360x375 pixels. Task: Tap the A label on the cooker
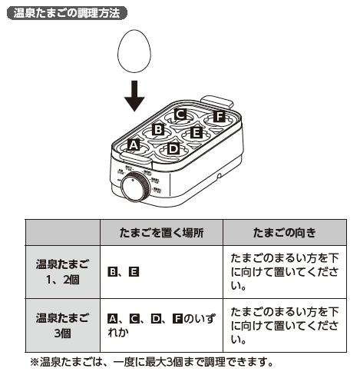point(133,144)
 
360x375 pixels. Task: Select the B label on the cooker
point(158,129)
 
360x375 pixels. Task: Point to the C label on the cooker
point(180,114)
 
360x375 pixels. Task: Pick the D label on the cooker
point(173,148)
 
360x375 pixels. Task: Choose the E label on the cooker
point(197,133)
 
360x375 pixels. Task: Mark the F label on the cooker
point(220,117)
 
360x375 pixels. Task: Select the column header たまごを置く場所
point(161,231)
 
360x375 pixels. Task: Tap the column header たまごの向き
point(286,231)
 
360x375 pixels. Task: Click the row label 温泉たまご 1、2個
point(63,272)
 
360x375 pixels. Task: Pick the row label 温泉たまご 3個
point(63,325)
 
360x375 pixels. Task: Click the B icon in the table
point(112,272)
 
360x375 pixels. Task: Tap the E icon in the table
point(134,272)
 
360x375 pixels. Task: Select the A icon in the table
point(112,318)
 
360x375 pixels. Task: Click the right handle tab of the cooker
point(220,98)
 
